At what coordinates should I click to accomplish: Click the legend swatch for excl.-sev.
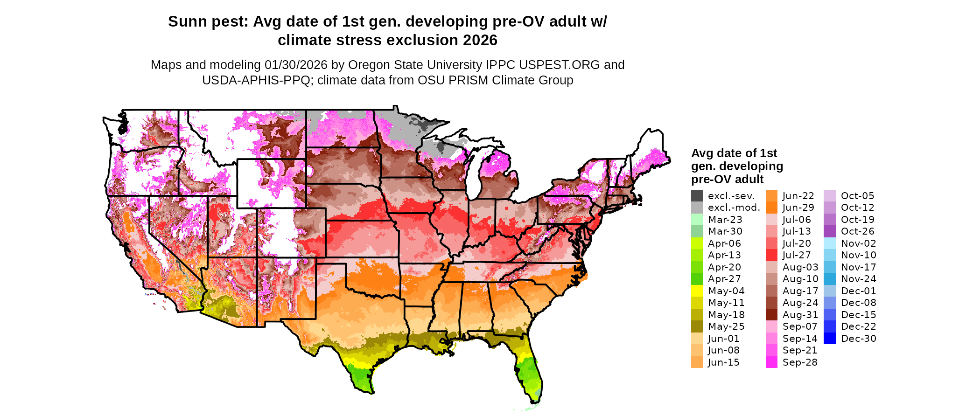tap(697, 196)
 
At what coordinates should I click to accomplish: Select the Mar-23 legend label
tap(725, 220)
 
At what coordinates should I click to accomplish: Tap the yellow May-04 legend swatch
tap(697, 291)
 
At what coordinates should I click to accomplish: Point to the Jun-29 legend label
tap(798, 208)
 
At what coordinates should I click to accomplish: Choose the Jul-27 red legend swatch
tap(771, 255)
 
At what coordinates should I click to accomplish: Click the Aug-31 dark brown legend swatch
tap(771, 315)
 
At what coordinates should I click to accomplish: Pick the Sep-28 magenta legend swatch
tap(771, 362)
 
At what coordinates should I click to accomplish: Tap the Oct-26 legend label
tap(857, 231)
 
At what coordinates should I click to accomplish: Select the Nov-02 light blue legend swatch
tap(830, 243)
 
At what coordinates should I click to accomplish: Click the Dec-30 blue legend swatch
tap(830, 339)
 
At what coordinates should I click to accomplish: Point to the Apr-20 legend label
tap(724, 267)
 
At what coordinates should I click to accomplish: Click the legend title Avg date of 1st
tap(734, 153)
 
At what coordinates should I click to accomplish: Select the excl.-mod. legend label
tap(734, 208)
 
